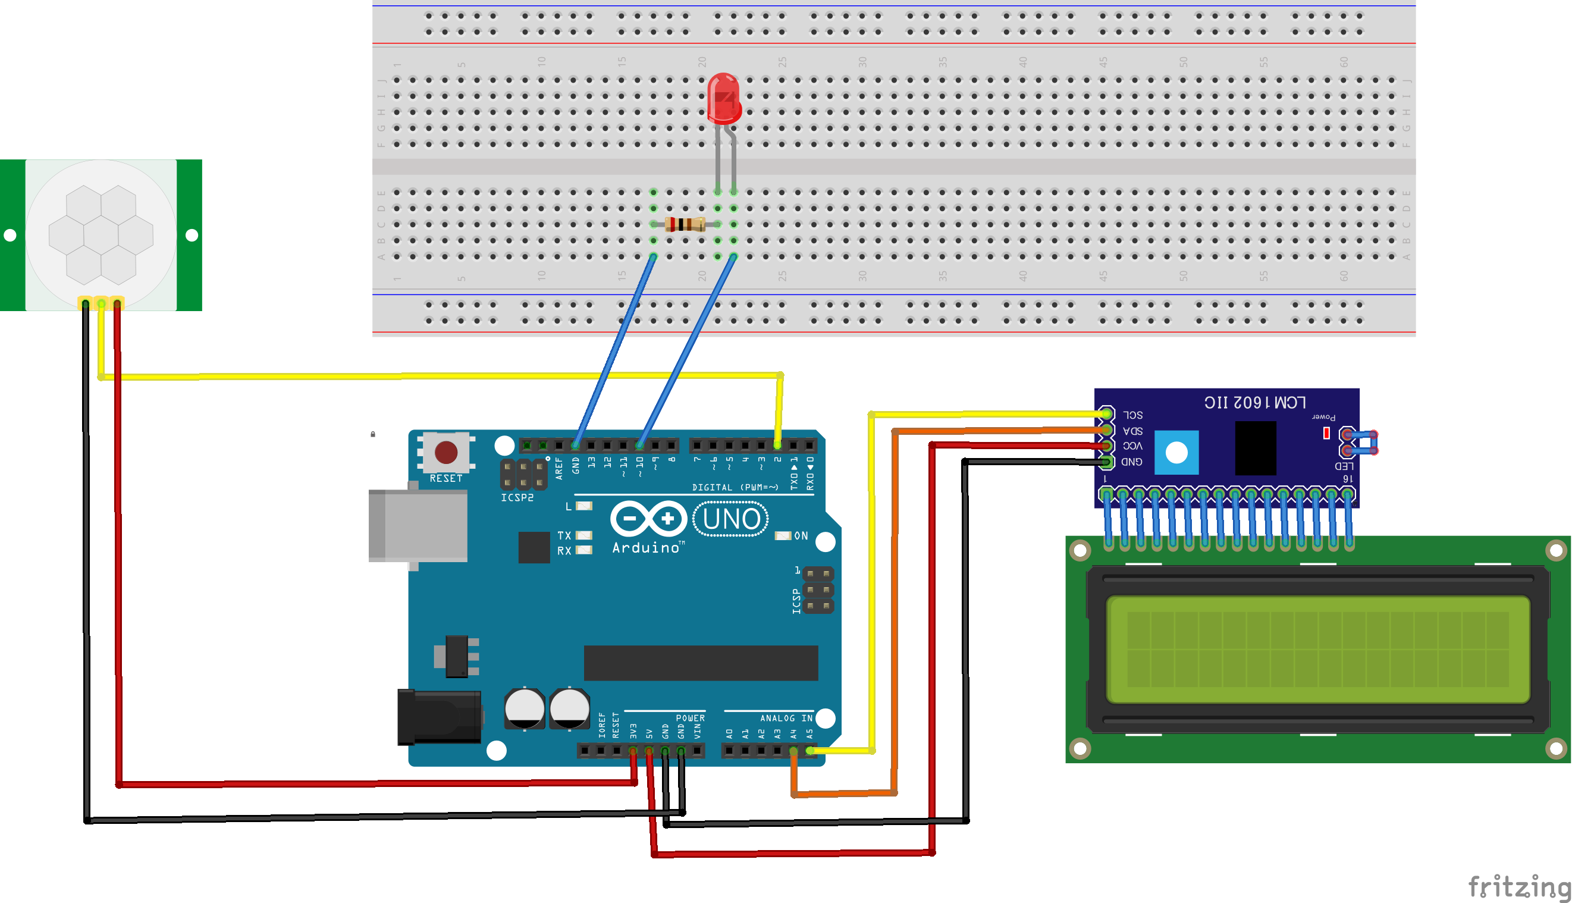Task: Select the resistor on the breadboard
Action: point(685,224)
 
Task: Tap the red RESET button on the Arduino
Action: point(446,452)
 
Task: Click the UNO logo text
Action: point(730,519)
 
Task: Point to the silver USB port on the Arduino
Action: point(418,525)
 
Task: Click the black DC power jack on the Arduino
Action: point(438,717)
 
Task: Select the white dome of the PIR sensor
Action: point(101,235)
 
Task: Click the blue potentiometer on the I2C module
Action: point(1176,452)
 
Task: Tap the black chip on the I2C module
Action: point(1255,448)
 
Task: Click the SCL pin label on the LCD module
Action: point(1132,415)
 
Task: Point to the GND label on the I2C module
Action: point(1131,462)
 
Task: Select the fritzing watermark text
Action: point(1518,886)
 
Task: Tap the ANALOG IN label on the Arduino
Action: point(786,718)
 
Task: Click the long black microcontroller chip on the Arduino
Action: point(701,662)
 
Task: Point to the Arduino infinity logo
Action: point(648,519)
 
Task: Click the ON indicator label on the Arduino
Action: point(801,536)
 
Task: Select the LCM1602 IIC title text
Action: point(1254,403)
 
